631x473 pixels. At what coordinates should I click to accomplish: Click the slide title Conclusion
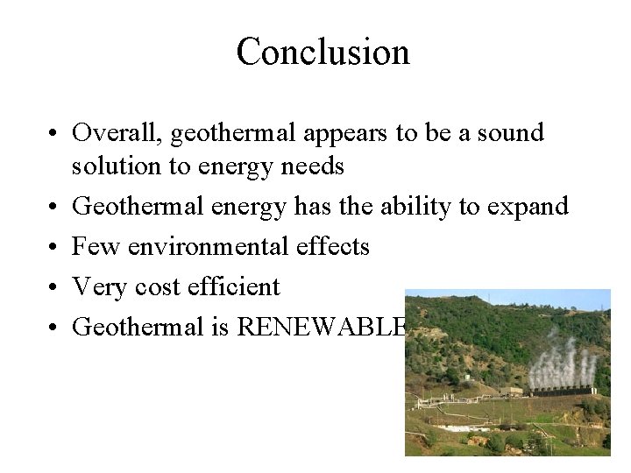323,52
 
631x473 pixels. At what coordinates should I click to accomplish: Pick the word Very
101,287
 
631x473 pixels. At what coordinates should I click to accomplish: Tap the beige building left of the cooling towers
512,391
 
